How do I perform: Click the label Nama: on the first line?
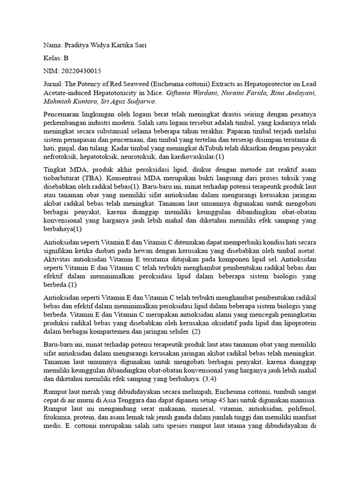(x=53, y=45)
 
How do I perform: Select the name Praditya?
(x=79, y=45)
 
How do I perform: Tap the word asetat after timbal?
(x=306, y=250)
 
